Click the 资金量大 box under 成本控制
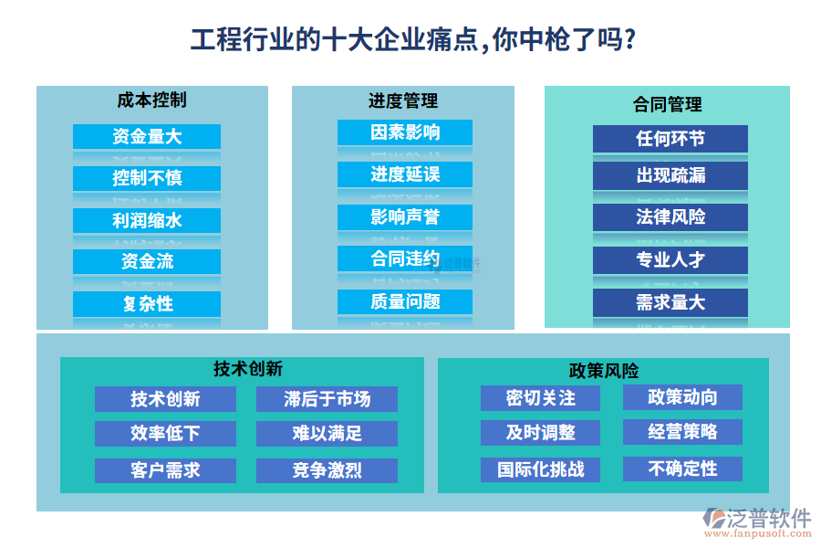(x=147, y=137)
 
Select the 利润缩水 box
(x=147, y=220)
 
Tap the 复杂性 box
(x=147, y=303)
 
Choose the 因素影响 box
(x=405, y=132)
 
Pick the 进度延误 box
(x=405, y=174)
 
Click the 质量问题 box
(x=405, y=301)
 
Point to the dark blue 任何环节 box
(x=670, y=139)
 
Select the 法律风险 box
(x=670, y=217)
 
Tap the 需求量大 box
(x=670, y=302)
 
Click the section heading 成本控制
(x=151, y=100)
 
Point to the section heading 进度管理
(x=403, y=100)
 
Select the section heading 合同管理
(x=668, y=104)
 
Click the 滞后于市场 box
(x=327, y=399)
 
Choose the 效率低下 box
(x=165, y=434)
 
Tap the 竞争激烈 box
(x=327, y=470)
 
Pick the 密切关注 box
(x=540, y=398)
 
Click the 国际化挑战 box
(x=540, y=469)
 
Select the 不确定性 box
(x=682, y=469)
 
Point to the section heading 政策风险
(x=604, y=371)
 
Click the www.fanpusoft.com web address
(x=758, y=533)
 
